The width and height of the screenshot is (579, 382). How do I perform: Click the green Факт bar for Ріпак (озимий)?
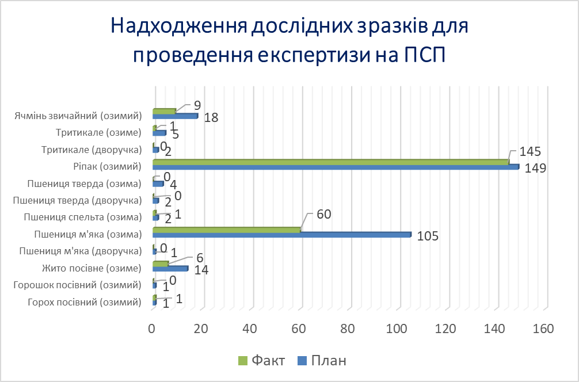coord(331,162)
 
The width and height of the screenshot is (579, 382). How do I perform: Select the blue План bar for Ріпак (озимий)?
coord(336,167)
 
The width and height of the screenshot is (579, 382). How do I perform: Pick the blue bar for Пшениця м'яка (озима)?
coord(281,235)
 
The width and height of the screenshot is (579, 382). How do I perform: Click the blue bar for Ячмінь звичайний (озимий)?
coord(175,116)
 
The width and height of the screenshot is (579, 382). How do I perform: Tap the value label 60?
coord(325,215)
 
